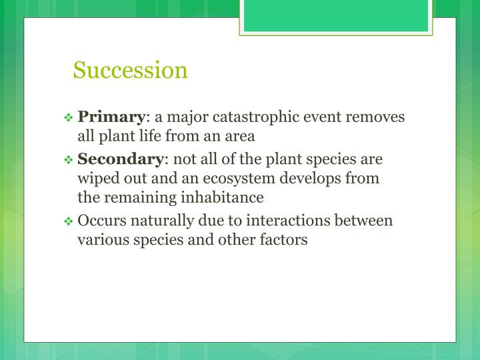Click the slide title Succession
point(131,70)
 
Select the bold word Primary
point(111,117)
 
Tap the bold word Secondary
point(120,160)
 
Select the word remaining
point(140,198)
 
